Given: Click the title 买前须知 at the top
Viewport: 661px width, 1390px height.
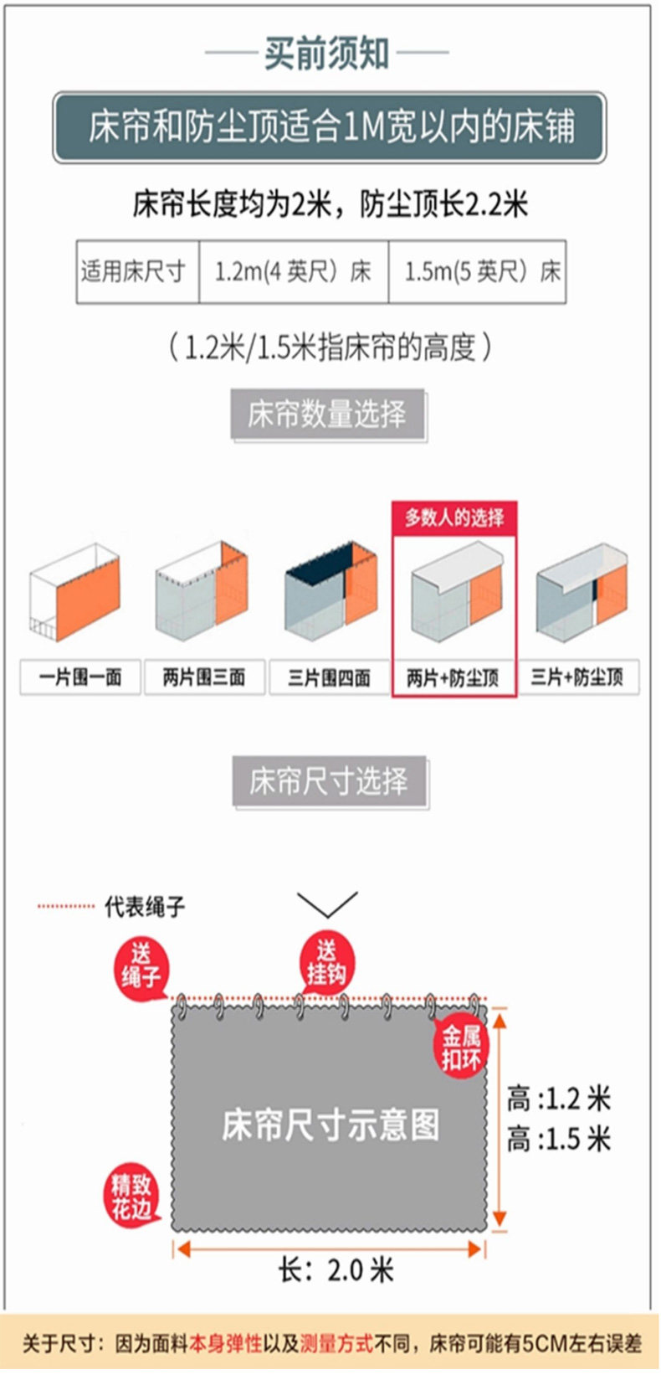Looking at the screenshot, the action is click(x=327, y=54).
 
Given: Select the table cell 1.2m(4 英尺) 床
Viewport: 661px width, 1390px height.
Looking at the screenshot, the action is click(x=294, y=272).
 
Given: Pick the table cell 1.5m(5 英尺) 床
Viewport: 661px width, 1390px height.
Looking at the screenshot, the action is click(x=478, y=272).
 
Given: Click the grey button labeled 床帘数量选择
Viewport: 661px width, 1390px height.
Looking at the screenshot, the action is click(x=327, y=414).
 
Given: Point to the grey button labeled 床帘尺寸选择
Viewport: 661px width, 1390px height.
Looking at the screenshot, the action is click(x=330, y=780).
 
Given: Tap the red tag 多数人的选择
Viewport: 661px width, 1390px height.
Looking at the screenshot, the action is click(x=453, y=517).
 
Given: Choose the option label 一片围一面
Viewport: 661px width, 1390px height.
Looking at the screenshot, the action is click(x=80, y=677).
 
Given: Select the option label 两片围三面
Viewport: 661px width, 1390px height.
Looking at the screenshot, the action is click(x=204, y=677).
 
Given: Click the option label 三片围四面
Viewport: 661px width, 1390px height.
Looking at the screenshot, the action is click(x=329, y=677).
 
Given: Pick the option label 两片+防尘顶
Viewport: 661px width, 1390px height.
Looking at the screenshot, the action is click(x=453, y=677).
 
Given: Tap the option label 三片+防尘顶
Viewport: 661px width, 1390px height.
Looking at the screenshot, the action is click(x=578, y=677).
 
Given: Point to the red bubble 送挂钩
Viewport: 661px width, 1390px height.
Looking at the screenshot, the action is click(x=327, y=961).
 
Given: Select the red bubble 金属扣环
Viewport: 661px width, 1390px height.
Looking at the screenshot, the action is click(x=461, y=1048).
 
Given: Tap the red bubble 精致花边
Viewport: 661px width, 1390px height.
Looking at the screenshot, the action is click(x=131, y=1195).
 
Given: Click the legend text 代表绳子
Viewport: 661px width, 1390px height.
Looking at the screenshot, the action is click(x=145, y=907).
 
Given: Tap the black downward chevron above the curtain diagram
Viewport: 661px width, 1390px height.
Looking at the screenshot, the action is click(x=327, y=904).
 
